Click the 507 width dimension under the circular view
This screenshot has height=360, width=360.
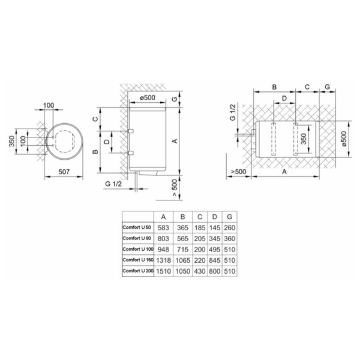pyautogui.click(x=64, y=172)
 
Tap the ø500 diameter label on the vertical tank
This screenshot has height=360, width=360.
pyautogui.click(x=148, y=98)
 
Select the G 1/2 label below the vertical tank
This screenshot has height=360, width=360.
pyautogui.click(x=113, y=184)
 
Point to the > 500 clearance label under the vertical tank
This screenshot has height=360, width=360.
pyautogui.click(x=175, y=188)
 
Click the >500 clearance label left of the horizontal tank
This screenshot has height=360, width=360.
pyautogui.click(x=238, y=172)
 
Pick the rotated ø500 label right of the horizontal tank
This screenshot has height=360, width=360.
pyautogui.click(x=344, y=139)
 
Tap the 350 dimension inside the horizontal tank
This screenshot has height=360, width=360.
pyautogui.click(x=303, y=139)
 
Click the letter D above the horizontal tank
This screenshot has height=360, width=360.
pyautogui.click(x=284, y=98)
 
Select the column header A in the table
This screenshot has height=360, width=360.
pyautogui.click(x=163, y=217)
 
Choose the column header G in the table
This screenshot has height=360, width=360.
pyautogui.click(x=229, y=217)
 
